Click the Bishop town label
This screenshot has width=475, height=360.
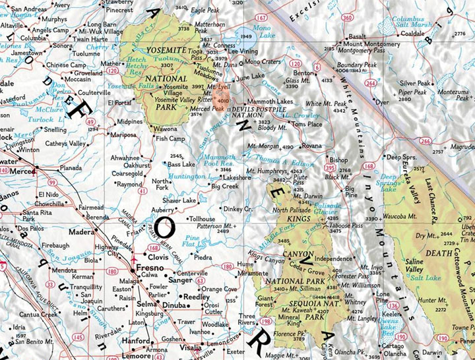(x=338, y=160)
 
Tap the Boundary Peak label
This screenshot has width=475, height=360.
(x=357, y=65)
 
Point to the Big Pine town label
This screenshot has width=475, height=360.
(x=352, y=191)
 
